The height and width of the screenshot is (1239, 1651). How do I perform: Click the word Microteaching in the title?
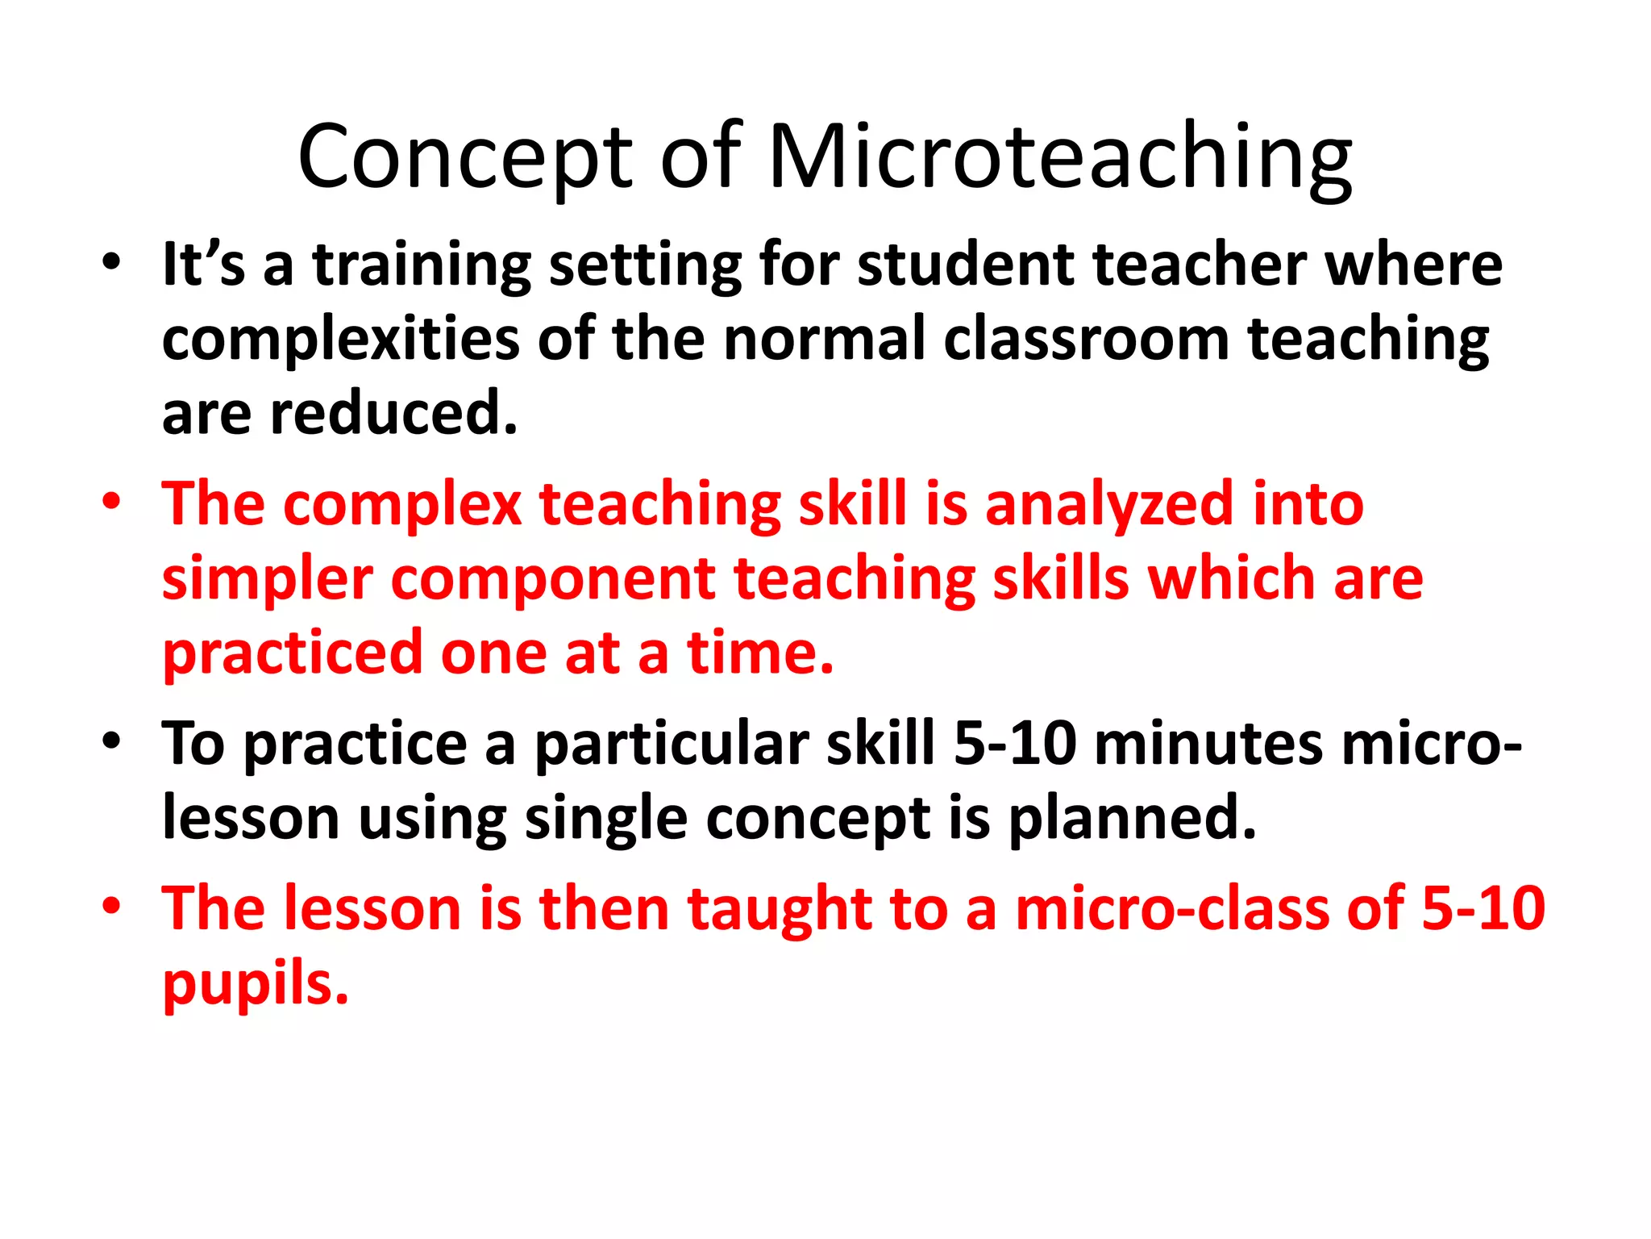click(1059, 156)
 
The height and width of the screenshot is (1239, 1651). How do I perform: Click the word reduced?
click(393, 412)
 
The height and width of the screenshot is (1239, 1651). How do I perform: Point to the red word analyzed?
click(1109, 504)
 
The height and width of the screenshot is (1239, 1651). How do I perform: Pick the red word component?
click(553, 579)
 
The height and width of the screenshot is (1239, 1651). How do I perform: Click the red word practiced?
click(293, 653)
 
